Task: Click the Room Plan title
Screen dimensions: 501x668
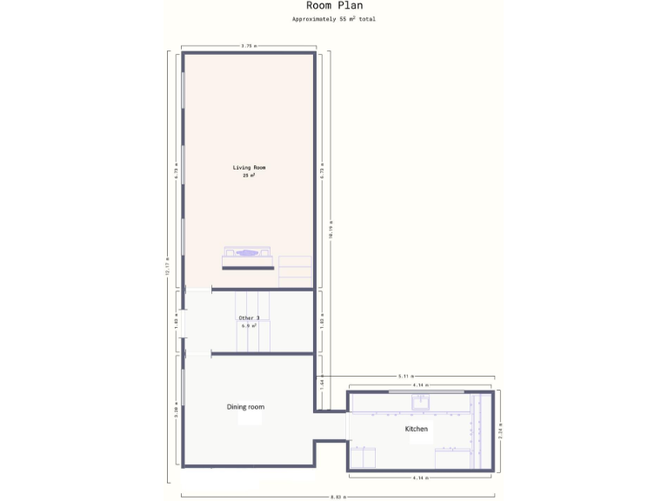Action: [334, 6]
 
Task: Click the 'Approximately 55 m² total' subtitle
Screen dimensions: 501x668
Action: [334, 18]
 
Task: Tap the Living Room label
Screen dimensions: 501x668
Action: [249, 167]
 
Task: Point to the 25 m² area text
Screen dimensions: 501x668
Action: [249, 175]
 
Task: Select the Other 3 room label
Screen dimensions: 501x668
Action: [249, 317]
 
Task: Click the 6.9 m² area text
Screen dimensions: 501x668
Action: [249, 325]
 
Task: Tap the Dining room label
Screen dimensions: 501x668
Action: [245, 407]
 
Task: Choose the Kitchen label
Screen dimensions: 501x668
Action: [417, 429]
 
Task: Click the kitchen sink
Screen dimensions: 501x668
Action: [421, 401]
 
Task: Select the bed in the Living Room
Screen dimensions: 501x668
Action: [249, 258]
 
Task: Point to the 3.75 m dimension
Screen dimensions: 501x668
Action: [249, 46]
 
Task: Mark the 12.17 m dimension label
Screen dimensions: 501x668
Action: [167, 265]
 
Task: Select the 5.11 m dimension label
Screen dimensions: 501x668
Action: [405, 376]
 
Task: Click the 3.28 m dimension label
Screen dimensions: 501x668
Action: [176, 411]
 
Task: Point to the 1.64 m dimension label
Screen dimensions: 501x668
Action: [322, 382]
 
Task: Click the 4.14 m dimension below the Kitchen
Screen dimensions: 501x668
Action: [421, 478]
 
